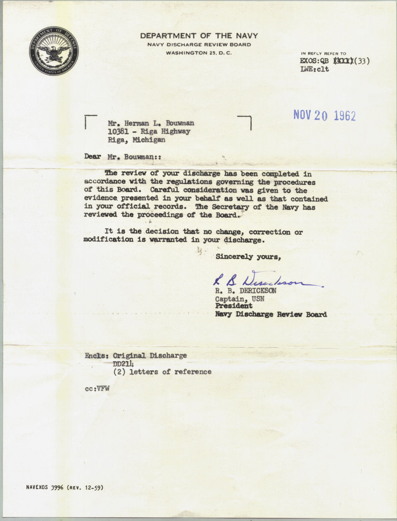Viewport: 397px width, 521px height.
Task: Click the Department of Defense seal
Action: click(x=54, y=51)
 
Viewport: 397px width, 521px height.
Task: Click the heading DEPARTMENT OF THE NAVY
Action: click(x=199, y=36)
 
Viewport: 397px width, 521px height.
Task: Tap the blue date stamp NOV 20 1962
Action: click(x=325, y=115)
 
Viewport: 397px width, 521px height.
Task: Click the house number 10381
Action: click(x=118, y=132)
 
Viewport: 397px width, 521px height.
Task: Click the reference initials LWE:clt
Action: click(x=314, y=69)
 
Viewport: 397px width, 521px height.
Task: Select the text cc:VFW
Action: click(x=97, y=389)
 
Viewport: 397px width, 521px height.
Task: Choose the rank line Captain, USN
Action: click(x=237, y=298)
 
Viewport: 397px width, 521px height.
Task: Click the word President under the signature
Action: click(x=234, y=306)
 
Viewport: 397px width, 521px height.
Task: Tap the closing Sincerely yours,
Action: click(x=248, y=257)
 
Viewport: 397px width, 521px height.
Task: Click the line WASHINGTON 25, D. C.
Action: click(x=199, y=53)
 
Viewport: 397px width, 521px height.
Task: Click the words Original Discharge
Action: click(x=150, y=355)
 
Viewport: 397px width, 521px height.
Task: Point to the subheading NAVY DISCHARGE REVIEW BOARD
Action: click(x=199, y=45)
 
